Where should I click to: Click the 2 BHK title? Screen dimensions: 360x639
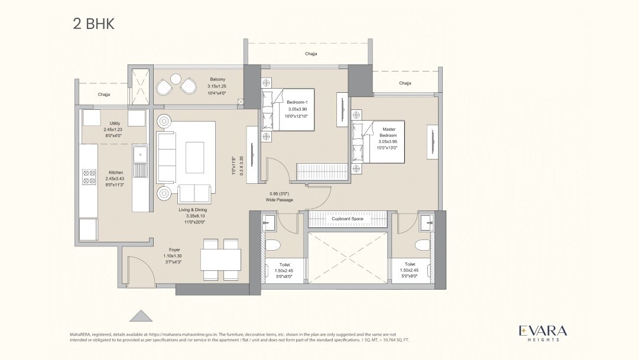[93, 24]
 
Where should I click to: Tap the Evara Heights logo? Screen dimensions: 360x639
[543, 332]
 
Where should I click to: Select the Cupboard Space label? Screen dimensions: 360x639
[347, 219]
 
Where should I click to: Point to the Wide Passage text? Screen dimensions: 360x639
[279, 200]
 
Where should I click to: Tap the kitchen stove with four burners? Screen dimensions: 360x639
[89, 176]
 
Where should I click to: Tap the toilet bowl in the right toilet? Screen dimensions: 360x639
[423, 245]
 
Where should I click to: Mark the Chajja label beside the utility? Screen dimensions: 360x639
[104, 95]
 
